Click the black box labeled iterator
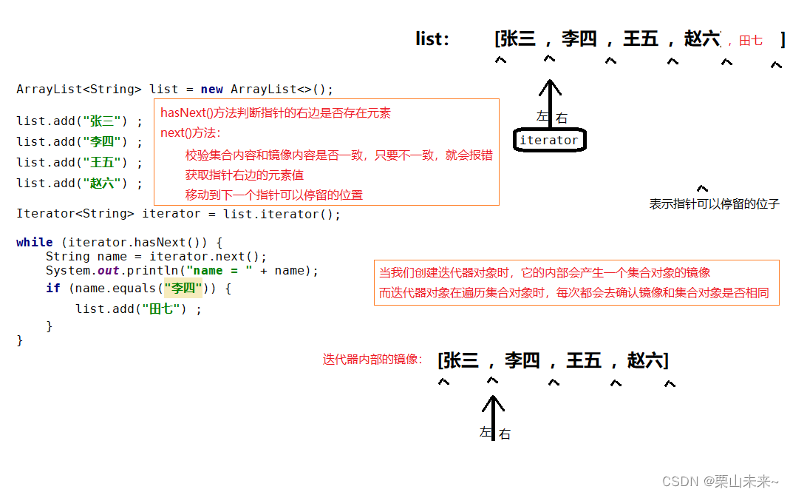click(x=549, y=140)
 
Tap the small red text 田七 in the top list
click(x=750, y=41)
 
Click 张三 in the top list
click(x=518, y=38)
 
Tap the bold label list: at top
click(x=432, y=39)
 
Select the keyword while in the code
click(x=34, y=242)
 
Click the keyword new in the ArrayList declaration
click(x=211, y=89)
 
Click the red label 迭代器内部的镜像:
click(x=372, y=360)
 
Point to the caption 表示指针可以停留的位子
click(x=714, y=203)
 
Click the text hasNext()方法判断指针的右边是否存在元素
click(x=276, y=113)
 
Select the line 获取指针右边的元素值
click(x=245, y=175)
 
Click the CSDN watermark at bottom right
click(x=720, y=482)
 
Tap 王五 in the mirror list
click(x=584, y=360)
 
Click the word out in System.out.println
click(x=108, y=271)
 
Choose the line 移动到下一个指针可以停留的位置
click(x=274, y=195)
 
